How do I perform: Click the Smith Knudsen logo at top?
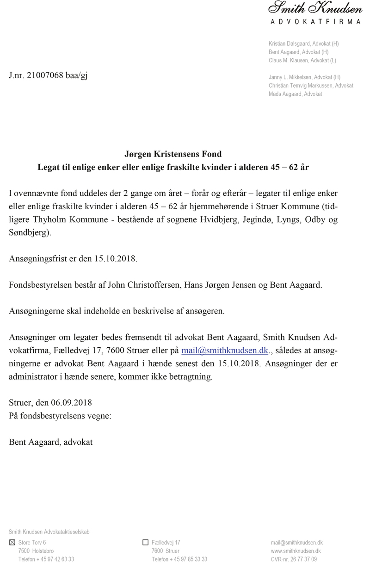coord(315,8)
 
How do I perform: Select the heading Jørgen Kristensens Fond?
coord(173,154)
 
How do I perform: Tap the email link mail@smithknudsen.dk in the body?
coord(224,350)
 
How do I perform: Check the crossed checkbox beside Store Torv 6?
coord(12,542)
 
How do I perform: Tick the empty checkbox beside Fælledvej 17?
coord(146,542)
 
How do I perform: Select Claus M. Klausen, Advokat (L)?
coord(302,60)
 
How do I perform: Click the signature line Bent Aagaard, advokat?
coord(51,442)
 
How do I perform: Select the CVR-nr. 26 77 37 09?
coord(294,559)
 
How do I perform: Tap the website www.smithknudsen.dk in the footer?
coord(296,551)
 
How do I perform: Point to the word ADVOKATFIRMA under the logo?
coord(315,21)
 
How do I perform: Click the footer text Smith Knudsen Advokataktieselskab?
coord(49,532)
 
